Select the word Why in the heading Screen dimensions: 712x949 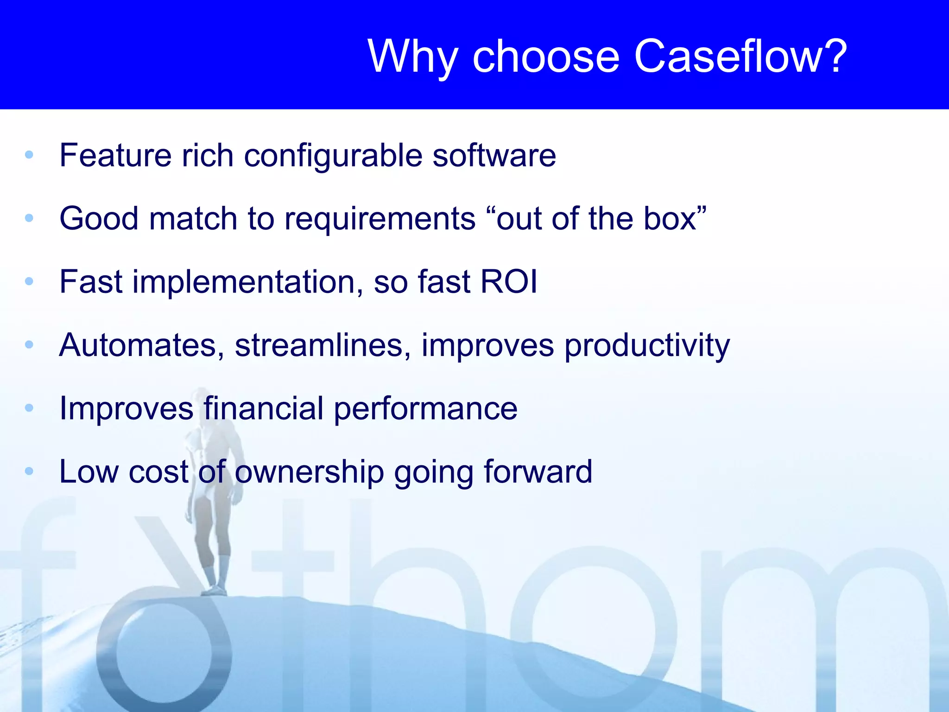click(412, 56)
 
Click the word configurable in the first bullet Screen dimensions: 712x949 click(332, 156)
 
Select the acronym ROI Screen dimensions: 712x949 click(509, 281)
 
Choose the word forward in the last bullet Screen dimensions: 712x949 click(538, 471)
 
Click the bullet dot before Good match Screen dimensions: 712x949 click(29, 218)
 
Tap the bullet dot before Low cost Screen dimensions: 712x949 click(29, 471)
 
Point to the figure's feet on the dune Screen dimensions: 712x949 click(215, 591)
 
